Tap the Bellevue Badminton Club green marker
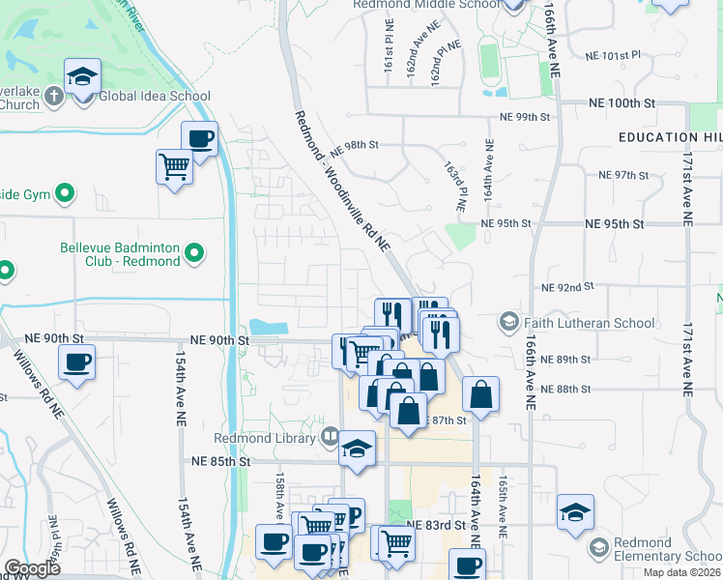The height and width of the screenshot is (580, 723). [x=194, y=254]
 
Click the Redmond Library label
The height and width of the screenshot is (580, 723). [x=277, y=438]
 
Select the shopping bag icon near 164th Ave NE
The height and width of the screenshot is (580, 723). [x=480, y=393]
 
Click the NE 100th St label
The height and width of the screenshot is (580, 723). [x=622, y=101]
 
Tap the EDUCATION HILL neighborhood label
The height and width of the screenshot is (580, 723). [x=671, y=137]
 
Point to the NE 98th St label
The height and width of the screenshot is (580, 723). [x=354, y=146]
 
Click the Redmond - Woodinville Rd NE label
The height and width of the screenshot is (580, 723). [x=342, y=181]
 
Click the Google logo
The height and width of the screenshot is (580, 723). [x=32, y=568]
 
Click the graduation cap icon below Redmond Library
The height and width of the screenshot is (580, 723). [x=357, y=449]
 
